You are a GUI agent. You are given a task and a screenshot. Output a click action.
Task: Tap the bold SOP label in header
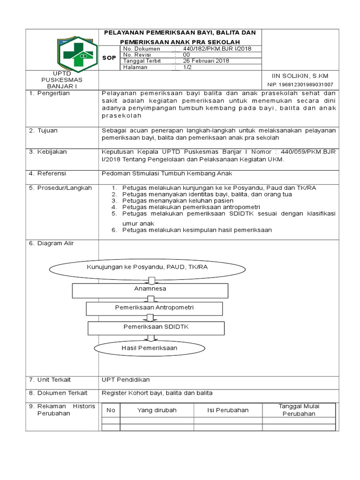click(x=109, y=57)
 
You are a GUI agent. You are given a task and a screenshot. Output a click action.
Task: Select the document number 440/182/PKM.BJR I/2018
click(x=217, y=48)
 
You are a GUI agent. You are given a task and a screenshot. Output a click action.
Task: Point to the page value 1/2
click(x=187, y=67)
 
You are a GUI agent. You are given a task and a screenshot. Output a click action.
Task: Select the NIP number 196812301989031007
click(x=300, y=85)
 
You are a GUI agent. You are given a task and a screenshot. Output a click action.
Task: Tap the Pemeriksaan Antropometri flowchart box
click(x=154, y=308)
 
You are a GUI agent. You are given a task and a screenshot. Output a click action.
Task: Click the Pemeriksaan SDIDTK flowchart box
click(x=155, y=327)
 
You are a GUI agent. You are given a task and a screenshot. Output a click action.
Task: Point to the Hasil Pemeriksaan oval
click(x=149, y=348)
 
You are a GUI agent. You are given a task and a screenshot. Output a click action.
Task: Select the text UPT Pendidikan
click(x=126, y=379)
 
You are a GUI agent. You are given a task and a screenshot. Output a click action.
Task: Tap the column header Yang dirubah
click(x=157, y=410)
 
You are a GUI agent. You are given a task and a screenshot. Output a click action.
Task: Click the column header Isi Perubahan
click(x=228, y=410)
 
